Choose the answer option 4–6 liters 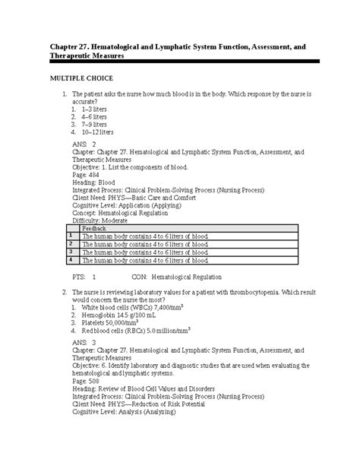[x=86, y=118]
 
